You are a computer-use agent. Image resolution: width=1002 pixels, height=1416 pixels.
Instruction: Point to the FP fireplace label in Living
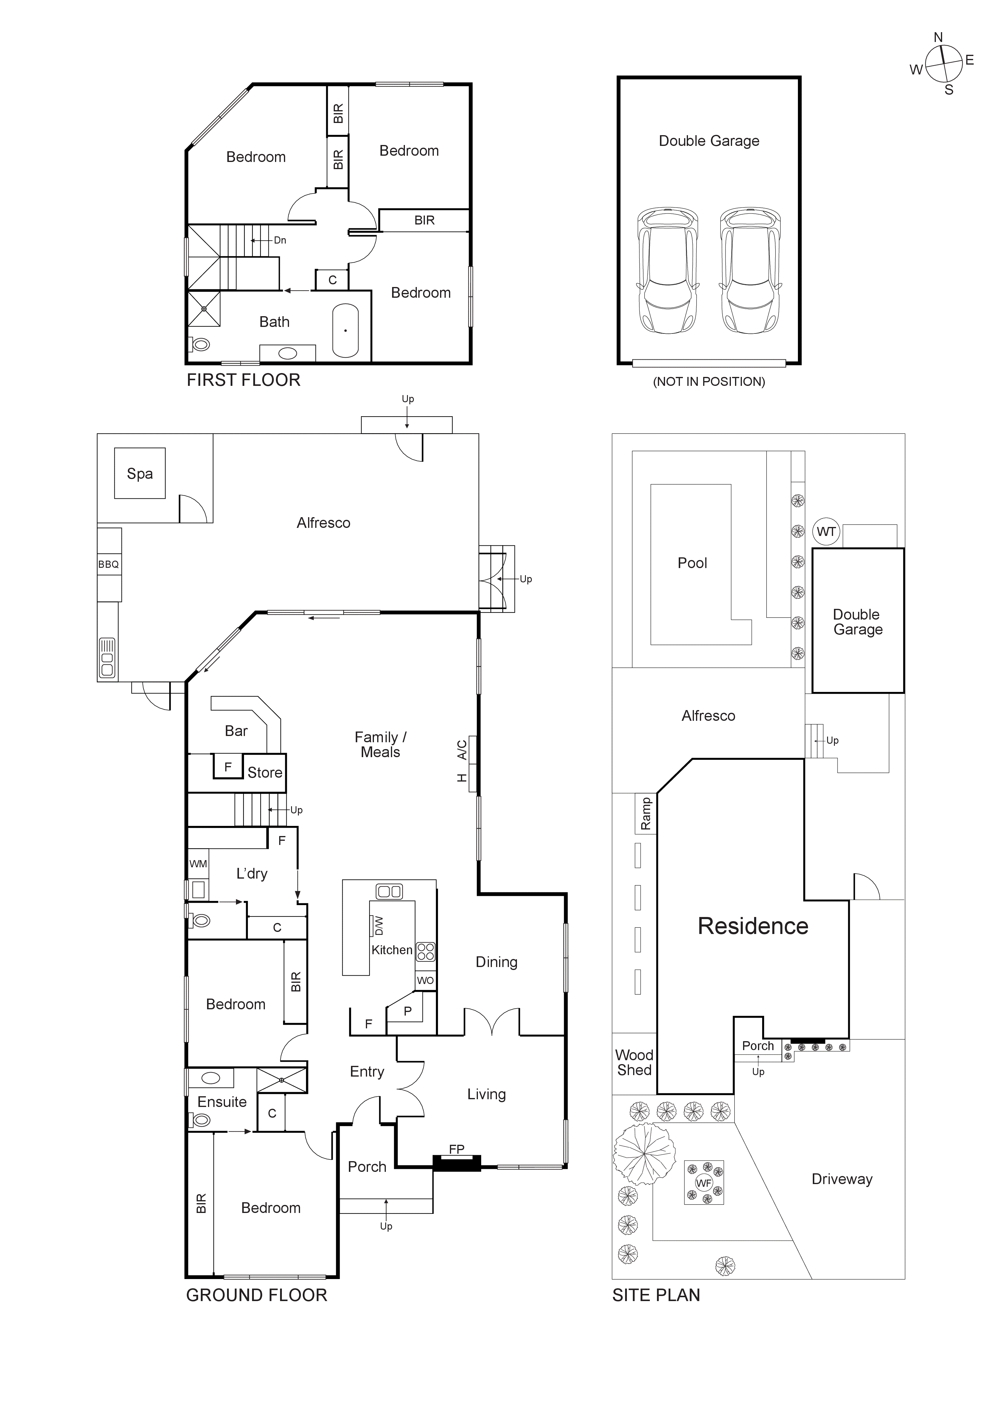456,1149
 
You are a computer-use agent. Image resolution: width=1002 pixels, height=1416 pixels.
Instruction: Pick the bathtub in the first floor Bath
346,330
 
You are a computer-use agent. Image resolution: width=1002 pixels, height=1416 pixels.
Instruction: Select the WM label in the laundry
198,864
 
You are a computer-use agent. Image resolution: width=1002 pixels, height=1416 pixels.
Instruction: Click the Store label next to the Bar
265,773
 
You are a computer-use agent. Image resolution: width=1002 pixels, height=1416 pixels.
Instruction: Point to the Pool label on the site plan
692,563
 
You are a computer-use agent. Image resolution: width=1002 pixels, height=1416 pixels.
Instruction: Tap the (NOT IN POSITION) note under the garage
709,382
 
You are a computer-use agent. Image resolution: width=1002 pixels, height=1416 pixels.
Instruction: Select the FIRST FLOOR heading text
244,380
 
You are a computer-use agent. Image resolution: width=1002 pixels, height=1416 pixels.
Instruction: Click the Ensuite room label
222,1102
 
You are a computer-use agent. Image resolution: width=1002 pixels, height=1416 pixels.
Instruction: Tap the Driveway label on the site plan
842,1179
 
